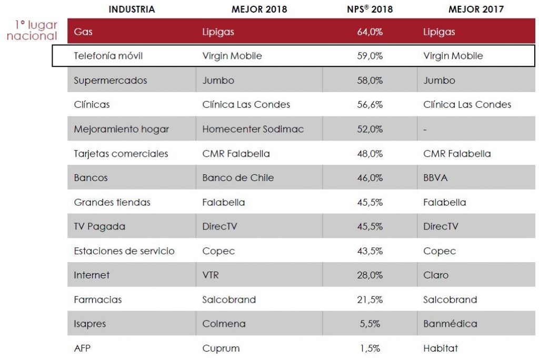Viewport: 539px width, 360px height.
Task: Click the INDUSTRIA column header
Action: (x=132, y=9)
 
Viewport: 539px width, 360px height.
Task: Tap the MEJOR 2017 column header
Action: (x=476, y=9)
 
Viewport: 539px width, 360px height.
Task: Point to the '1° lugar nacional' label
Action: (x=33, y=31)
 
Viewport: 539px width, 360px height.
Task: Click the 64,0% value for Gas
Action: (x=370, y=32)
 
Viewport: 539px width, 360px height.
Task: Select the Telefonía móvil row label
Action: (x=108, y=56)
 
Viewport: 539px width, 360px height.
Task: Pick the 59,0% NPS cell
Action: (x=370, y=56)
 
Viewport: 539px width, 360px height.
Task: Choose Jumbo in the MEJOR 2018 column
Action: (x=218, y=81)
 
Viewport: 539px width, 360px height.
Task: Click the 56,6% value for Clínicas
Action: (x=370, y=105)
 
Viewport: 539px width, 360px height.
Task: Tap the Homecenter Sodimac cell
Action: (x=253, y=129)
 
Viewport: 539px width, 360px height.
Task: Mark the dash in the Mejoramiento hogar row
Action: (x=425, y=129)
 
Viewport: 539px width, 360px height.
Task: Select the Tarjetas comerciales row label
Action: (x=121, y=154)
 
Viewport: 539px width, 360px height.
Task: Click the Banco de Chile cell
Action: (x=238, y=178)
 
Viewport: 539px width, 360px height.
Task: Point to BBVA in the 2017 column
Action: (x=435, y=178)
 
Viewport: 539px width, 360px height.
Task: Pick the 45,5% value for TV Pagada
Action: (x=370, y=226)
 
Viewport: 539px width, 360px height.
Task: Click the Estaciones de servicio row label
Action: (x=124, y=251)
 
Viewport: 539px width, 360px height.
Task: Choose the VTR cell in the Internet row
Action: (x=211, y=275)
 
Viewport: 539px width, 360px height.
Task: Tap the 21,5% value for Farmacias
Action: (x=370, y=299)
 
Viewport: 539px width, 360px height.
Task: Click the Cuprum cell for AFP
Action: (x=221, y=348)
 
